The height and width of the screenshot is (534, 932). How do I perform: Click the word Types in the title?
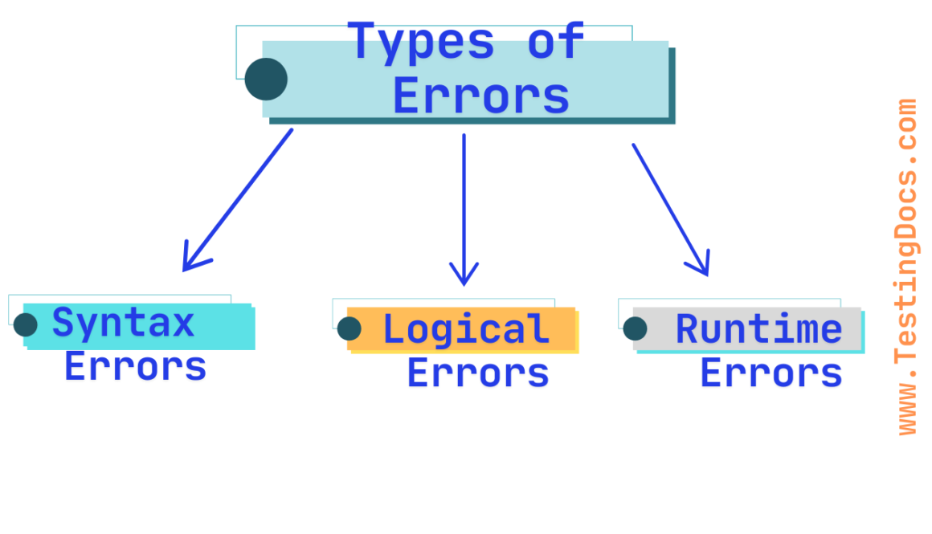point(423,42)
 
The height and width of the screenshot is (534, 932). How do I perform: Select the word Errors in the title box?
point(481,96)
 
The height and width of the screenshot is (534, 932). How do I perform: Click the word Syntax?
point(124,323)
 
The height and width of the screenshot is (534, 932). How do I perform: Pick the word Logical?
point(467,329)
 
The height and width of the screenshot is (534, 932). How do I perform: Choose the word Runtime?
point(758,329)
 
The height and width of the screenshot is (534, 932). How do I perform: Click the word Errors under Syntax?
point(136,367)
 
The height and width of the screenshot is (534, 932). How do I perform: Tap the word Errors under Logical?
point(478,373)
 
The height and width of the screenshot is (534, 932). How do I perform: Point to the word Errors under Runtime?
point(771,373)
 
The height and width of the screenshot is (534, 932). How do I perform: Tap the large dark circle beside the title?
point(266,79)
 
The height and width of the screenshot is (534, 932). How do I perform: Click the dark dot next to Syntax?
point(26,324)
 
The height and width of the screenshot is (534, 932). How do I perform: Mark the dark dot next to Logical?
point(349,328)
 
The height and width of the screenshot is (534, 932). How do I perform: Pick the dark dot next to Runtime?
point(635,328)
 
